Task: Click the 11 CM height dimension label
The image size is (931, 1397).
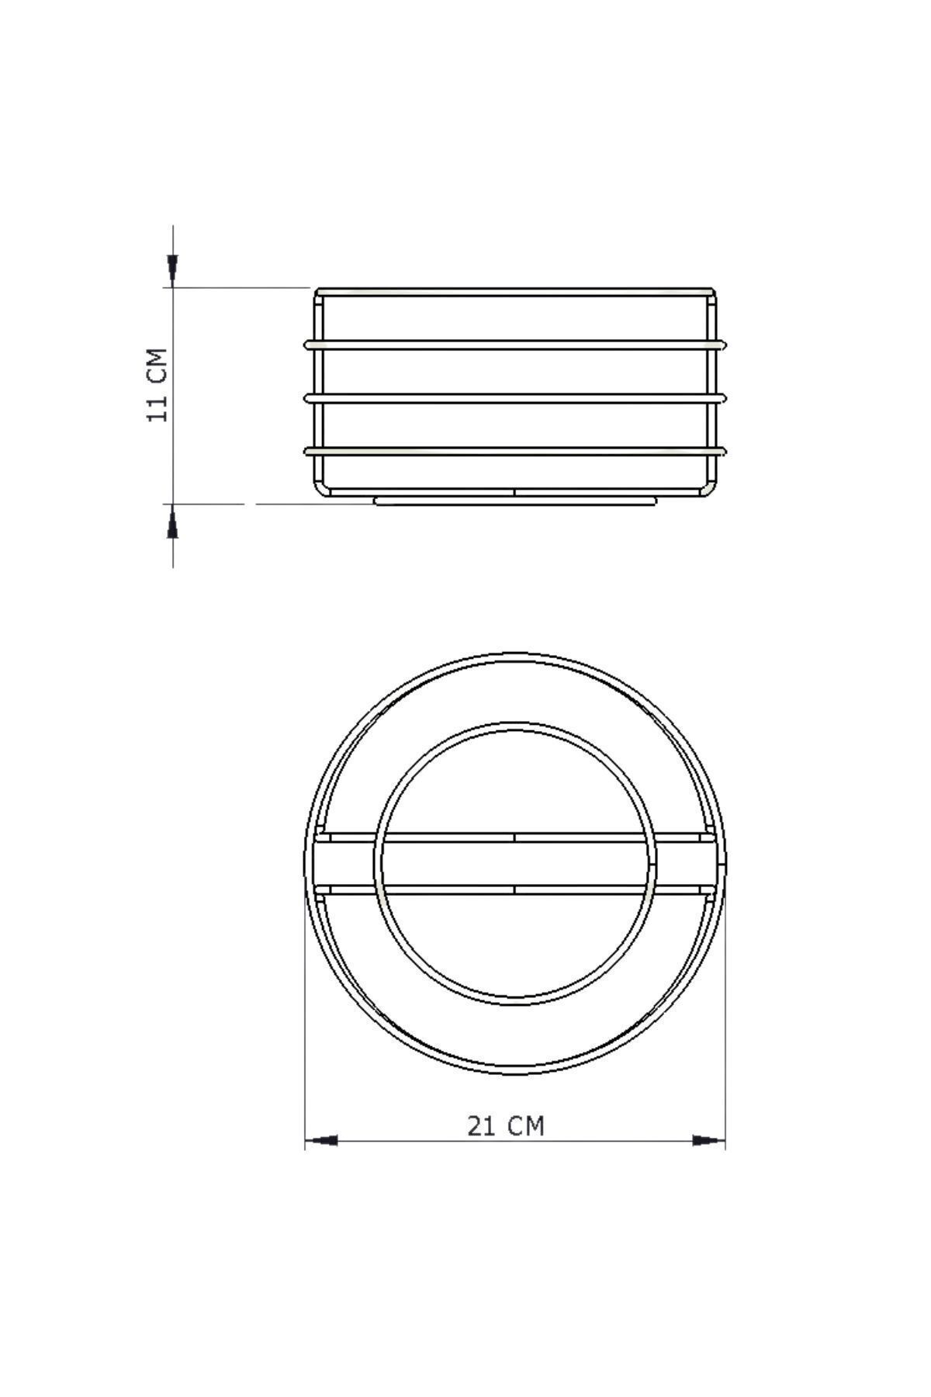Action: (x=157, y=385)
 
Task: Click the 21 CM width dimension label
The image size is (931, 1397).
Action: (x=505, y=1125)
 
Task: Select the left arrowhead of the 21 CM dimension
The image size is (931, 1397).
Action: (x=323, y=1140)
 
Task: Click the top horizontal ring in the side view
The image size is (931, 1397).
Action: (x=515, y=344)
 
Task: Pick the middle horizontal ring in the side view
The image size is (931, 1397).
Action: (x=515, y=397)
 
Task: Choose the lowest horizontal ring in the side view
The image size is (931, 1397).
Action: (x=515, y=450)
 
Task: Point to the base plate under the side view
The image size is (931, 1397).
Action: (x=515, y=501)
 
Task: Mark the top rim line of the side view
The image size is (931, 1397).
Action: (x=515, y=292)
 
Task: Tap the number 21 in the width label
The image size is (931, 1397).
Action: (x=482, y=1125)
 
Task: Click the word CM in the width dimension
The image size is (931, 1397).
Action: (x=527, y=1125)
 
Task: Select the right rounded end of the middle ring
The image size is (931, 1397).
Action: (x=723, y=397)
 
